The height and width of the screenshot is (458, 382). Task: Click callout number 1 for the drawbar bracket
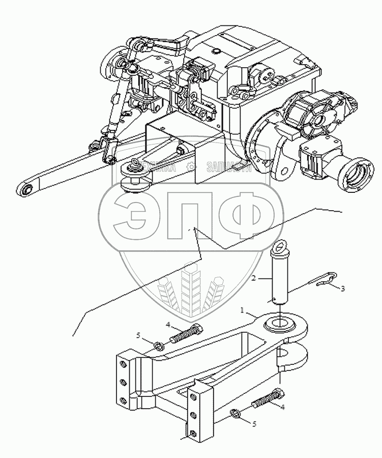(243, 310)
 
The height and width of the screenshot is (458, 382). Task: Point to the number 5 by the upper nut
(138, 335)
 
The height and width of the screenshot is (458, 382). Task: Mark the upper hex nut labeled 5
(158, 347)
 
